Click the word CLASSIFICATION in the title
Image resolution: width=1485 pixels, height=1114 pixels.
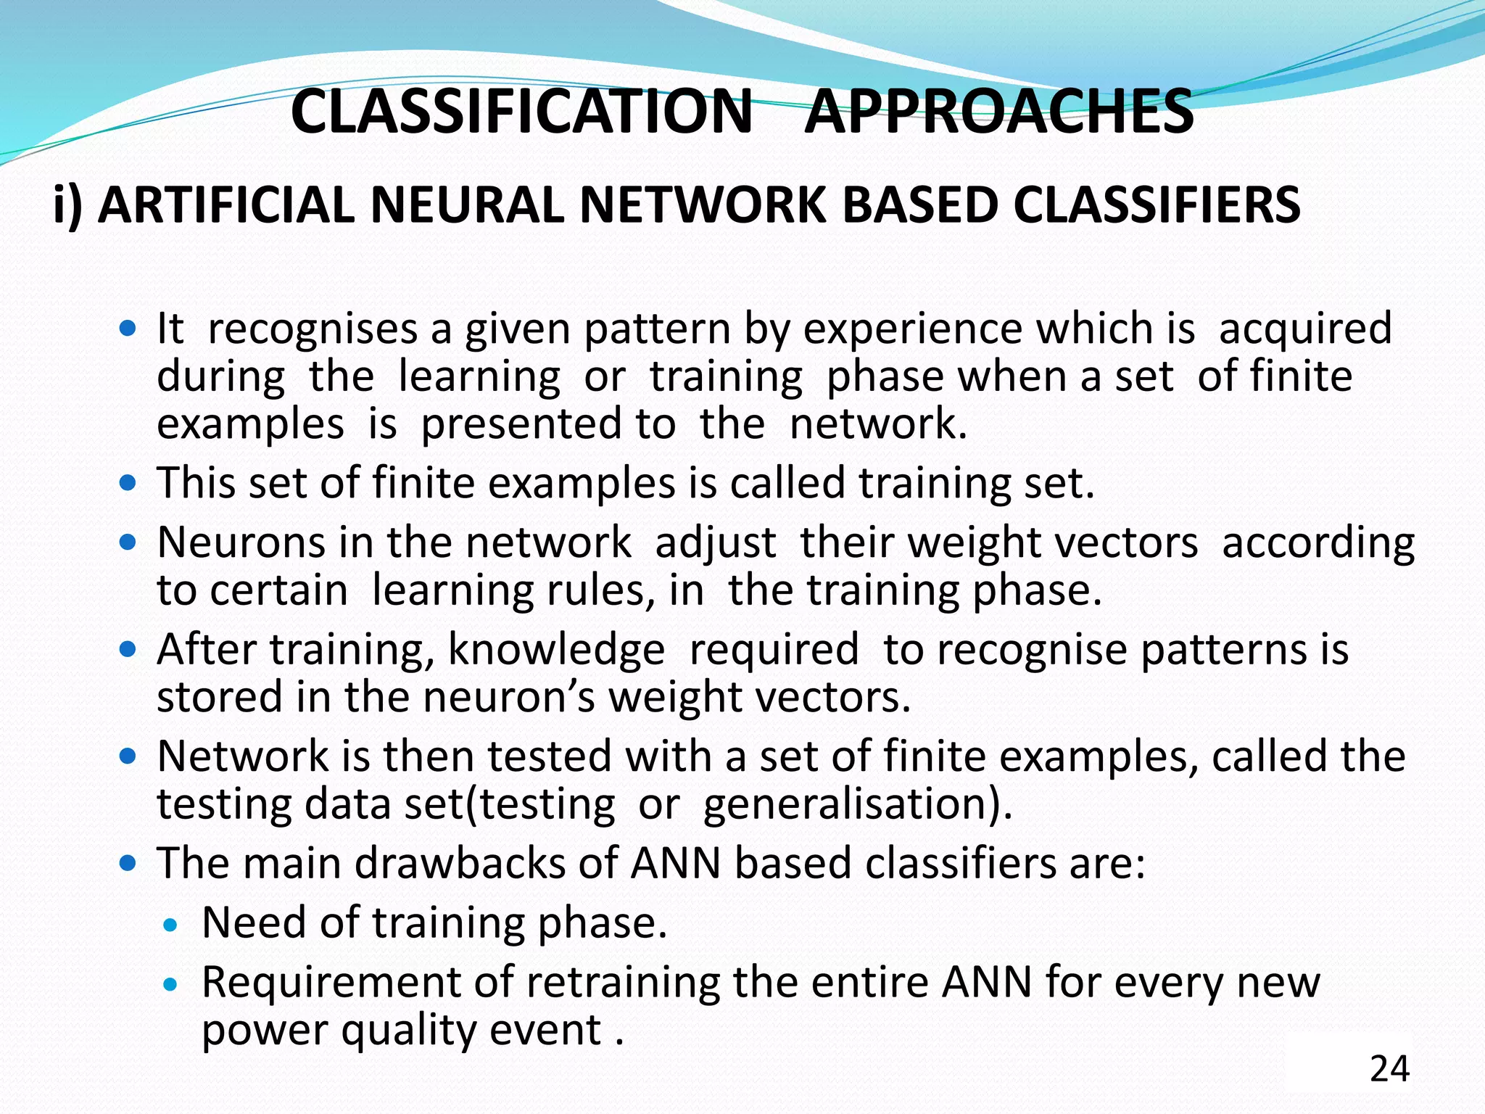[522, 112]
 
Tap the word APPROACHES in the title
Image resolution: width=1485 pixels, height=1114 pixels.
[998, 112]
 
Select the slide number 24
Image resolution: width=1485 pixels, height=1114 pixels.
[1389, 1069]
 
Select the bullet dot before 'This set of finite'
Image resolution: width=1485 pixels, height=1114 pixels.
[128, 483]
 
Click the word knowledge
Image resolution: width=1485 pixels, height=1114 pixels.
[556, 650]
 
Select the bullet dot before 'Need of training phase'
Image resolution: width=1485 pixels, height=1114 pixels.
[170, 924]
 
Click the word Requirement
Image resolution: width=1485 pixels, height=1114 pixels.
[331, 983]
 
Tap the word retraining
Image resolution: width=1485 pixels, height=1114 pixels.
[624, 983]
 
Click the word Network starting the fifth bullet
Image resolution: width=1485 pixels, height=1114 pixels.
[243, 756]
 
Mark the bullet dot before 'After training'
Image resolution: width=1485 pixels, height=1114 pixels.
[128, 649]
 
